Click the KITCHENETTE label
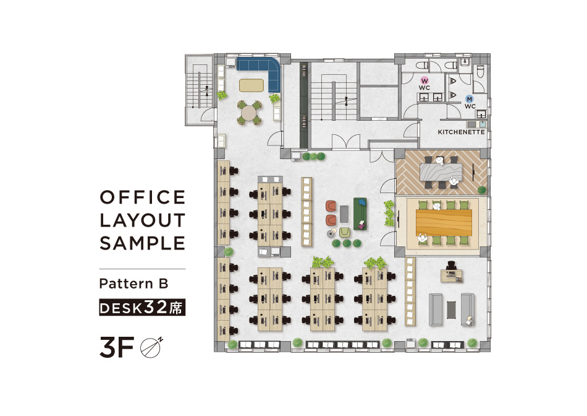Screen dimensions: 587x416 (x=461, y=132)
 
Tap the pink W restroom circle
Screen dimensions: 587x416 (x=424, y=80)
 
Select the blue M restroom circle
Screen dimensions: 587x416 (x=470, y=99)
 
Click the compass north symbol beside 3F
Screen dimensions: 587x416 (x=151, y=347)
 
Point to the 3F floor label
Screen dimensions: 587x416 (x=116, y=347)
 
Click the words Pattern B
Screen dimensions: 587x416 (x=133, y=284)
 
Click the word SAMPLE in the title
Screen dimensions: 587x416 (x=142, y=243)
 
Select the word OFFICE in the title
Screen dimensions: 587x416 (x=143, y=197)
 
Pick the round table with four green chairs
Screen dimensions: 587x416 (x=249, y=112)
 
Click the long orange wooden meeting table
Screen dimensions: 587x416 (x=444, y=223)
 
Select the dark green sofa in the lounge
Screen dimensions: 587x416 (x=360, y=214)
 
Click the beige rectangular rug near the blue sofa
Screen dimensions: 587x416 (x=251, y=85)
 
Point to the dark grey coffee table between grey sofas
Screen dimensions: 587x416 (x=451, y=310)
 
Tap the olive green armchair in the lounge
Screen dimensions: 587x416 (x=345, y=233)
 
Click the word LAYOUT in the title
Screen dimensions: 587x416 (x=143, y=220)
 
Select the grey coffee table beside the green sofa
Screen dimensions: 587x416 (x=344, y=214)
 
